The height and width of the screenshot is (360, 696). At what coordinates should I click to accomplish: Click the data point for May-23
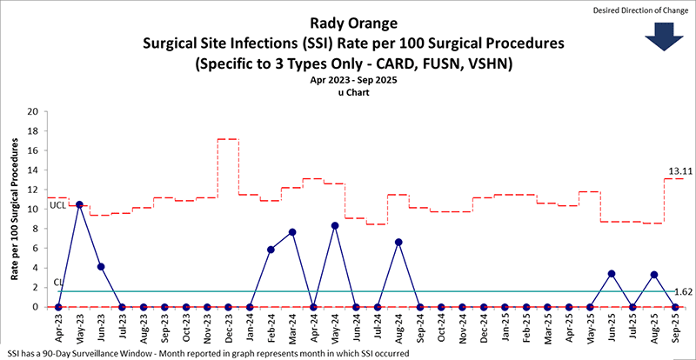pyautogui.click(x=79, y=204)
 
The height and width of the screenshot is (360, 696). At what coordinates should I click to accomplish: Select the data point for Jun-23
pyautogui.click(x=101, y=266)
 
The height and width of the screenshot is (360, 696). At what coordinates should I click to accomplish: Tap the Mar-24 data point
pyautogui.click(x=292, y=232)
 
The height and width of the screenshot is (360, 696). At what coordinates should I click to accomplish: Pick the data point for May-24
pyautogui.click(x=335, y=225)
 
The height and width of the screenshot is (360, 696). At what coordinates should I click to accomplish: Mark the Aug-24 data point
pyautogui.click(x=398, y=242)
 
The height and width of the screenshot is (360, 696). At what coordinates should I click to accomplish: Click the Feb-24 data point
pyautogui.click(x=271, y=250)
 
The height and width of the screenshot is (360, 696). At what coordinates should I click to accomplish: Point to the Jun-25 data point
pyautogui.click(x=612, y=274)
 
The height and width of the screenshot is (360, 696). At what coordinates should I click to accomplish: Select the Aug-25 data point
pyautogui.click(x=654, y=275)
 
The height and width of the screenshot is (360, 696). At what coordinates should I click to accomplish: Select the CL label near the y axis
pyautogui.click(x=58, y=283)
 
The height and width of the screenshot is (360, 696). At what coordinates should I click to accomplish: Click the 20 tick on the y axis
pyautogui.click(x=31, y=112)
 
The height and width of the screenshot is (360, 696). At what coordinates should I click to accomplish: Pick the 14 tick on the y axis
pyautogui.click(x=31, y=170)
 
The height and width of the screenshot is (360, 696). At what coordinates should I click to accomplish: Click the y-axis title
pyautogui.click(x=14, y=210)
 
